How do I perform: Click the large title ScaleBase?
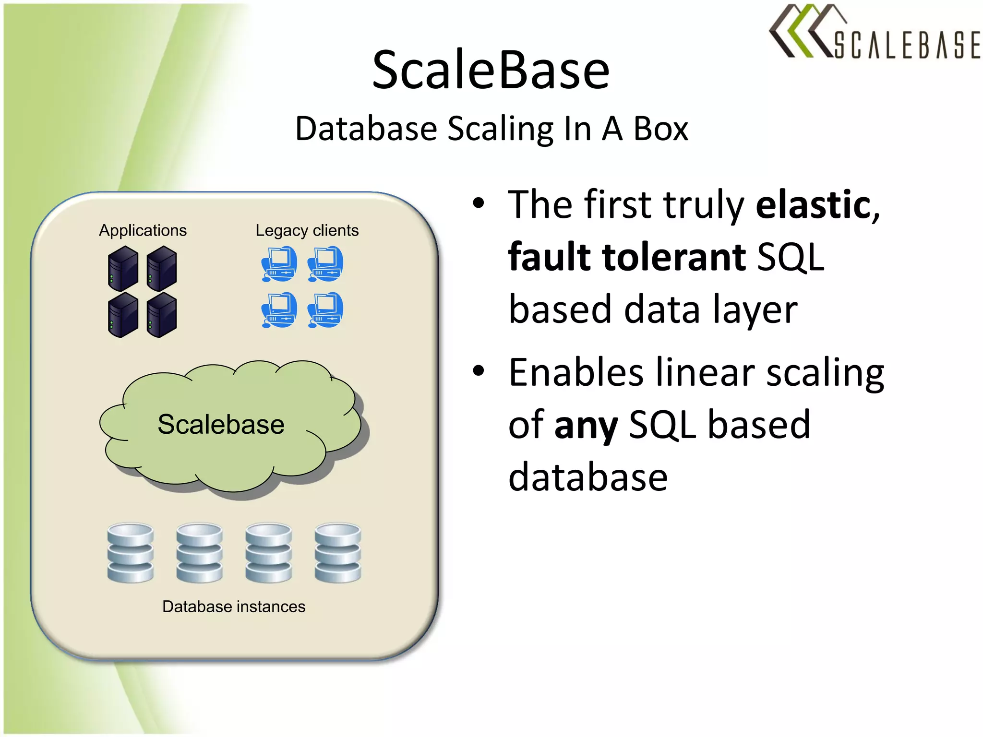[491, 71]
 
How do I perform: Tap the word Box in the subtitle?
[661, 129]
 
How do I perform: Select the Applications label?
[143, 231]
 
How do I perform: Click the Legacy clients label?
[307, 231]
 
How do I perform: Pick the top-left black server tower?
[123, 268]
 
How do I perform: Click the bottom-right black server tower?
[162, 315]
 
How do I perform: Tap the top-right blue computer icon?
[325, 264]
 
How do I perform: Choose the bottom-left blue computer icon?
[279, 310]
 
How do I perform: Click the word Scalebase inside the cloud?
[221, 425]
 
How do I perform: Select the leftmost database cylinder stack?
[131, 553]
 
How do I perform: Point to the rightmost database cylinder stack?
[338, 553]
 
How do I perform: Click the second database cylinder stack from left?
[200, 553]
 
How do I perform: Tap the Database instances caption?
[234, 607]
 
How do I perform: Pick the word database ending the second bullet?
[588, 477]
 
